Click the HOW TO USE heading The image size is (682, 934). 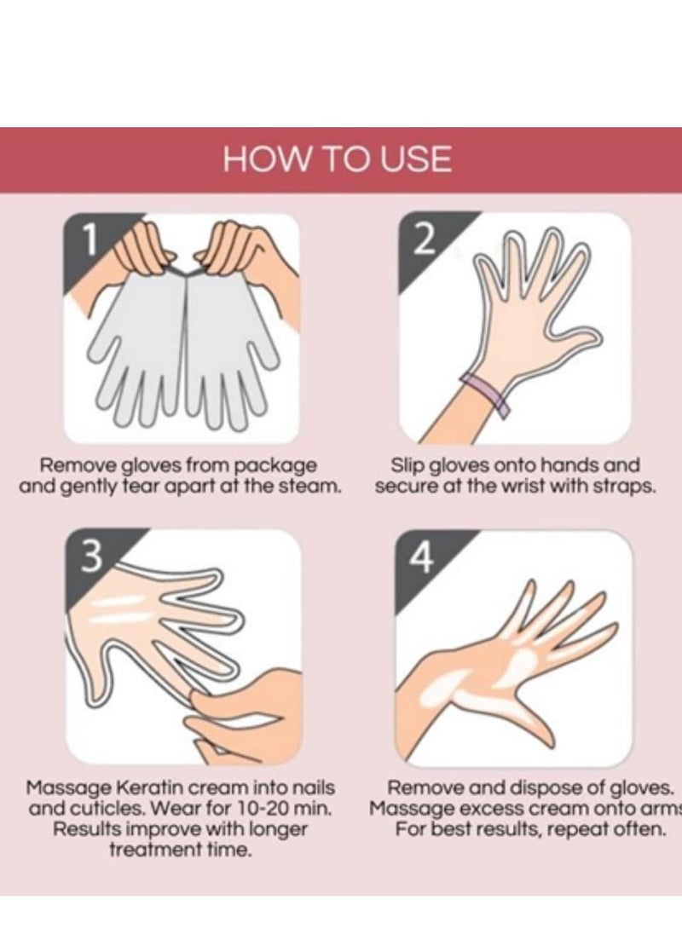point(338,159)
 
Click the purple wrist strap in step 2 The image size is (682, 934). point(486,392)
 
